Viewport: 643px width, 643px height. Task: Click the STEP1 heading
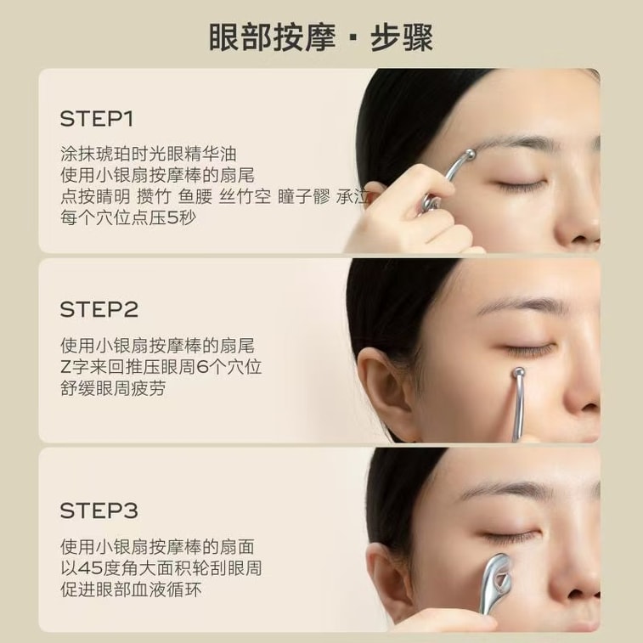point(97,119)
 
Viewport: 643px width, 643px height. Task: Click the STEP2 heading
point(99,309)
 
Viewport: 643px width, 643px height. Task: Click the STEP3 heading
point(99,510)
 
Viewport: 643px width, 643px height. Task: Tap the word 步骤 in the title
point(402,37)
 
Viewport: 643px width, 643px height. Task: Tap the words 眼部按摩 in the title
point(273,37)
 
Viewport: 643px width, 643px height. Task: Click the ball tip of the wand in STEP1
point(469,155)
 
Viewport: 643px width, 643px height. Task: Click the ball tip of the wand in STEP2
point(519,372)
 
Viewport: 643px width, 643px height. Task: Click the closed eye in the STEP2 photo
point(529,350)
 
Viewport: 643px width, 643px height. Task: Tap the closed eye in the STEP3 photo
point(510,536)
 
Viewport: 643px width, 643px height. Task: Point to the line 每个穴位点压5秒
point(128,217)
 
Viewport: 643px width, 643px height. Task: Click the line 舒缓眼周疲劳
point(113,388)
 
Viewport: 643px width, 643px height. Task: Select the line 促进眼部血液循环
point(131,589)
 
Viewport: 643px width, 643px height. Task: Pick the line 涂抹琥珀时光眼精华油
point(149,154)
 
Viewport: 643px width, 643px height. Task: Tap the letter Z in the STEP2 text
point(66,367)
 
